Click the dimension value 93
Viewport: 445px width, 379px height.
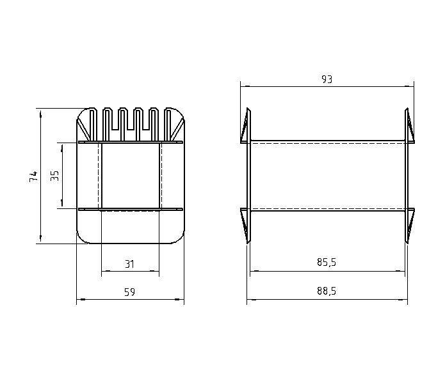click(x=327, y=79)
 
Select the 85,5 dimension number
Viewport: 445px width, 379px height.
click(x=327, y=262)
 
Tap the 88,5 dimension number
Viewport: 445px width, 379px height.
click(x=327, y=291)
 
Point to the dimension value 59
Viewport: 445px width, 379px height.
click(x=130, y=292)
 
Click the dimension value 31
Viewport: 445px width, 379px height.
click(x=130, y=264)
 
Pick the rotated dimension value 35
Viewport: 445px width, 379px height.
click(x=54, y=176)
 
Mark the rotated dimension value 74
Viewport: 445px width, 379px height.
click(x=33, y=176)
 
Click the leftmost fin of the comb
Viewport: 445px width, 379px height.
click(x=92, y=125)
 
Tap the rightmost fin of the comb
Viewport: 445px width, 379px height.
click(x=168, y=125)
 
